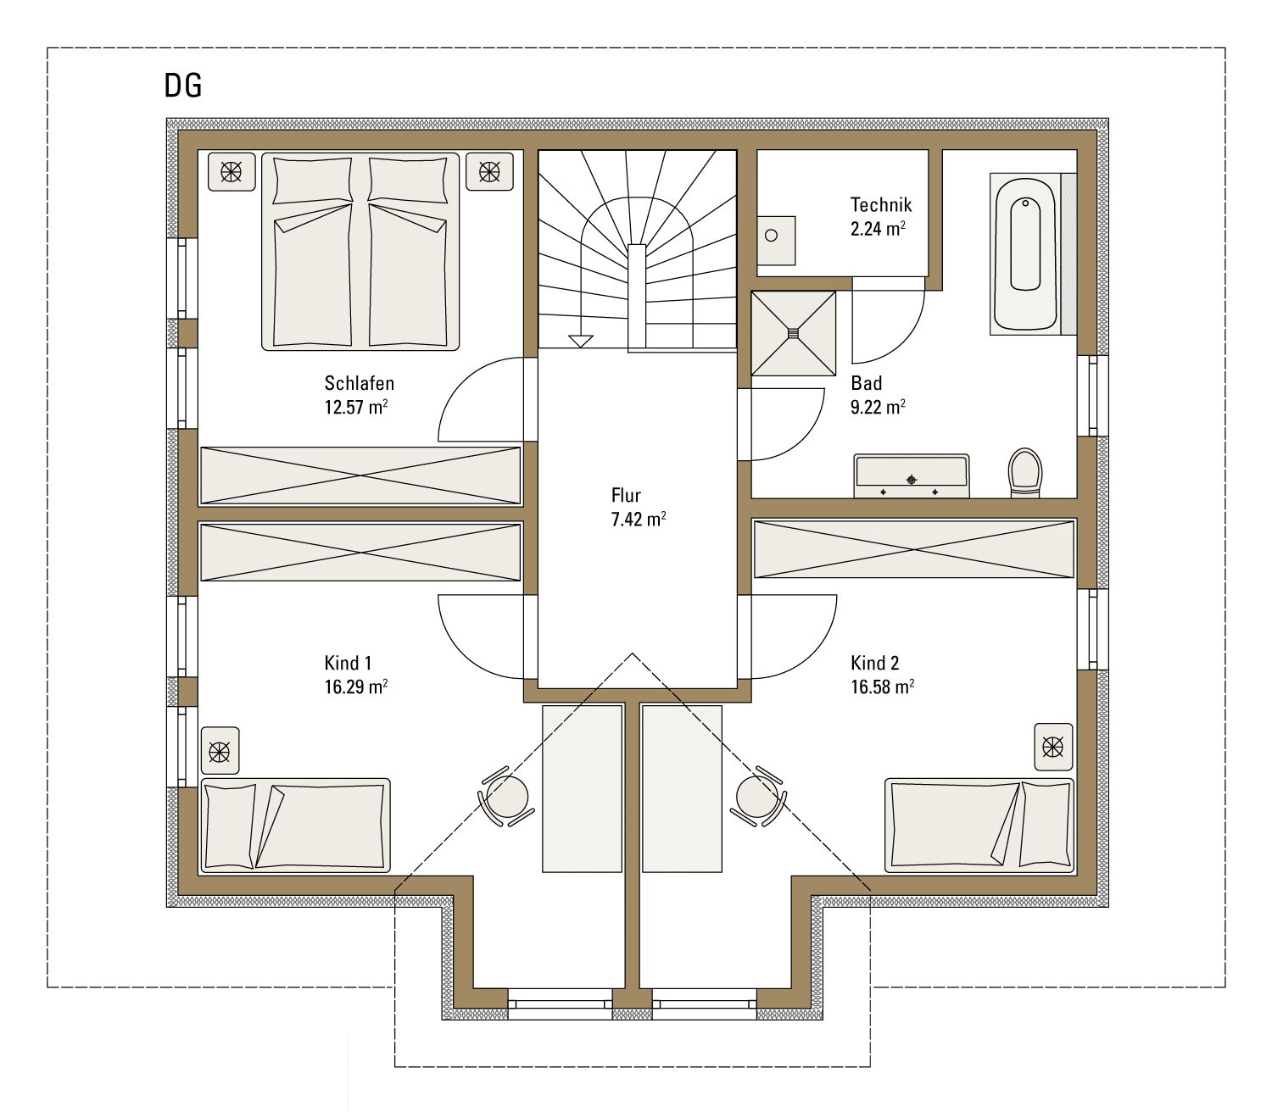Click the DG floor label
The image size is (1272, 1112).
click(x=183, y=86)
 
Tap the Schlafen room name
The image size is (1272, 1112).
click(x=360, y=383)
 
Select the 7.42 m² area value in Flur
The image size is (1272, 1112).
click(x=639, y=519)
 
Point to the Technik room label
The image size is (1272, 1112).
click(x=881, y=204)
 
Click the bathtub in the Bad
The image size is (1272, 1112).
click(x=1025, y=254)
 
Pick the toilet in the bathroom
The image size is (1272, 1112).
click(x=1025, y=472)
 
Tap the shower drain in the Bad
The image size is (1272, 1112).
click(x=793, y=334)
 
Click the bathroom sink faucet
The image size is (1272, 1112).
click(x=912, y=480)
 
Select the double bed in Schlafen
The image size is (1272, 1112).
click(x=360, y=252)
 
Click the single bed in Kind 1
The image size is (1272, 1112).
click(x=295, y=826)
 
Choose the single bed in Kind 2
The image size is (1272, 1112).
click(x=979, y=826)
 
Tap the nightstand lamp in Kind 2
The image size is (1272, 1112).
click(x=1053, y=748)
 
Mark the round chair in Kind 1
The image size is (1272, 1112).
click(x=507, y=797)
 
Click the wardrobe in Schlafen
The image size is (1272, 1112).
click(x=360, y=475)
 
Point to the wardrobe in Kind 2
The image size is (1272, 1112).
click(x=914, y=549)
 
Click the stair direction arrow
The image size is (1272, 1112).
click(x=581, y=341)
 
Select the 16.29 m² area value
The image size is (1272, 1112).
click(x=356, y=687)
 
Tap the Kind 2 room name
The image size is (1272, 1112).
click(x=875, y=663)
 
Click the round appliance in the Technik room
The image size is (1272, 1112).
click(x=772, y=236)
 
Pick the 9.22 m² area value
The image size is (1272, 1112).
click(x=878, y=407)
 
